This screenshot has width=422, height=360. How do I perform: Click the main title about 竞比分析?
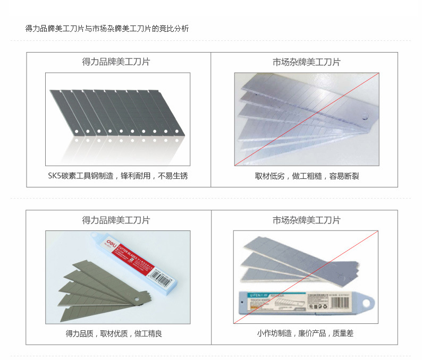[x=107, y=29]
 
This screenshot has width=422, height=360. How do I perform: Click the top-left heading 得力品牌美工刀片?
[x=116, y=62]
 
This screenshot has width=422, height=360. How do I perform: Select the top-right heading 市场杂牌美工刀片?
[x=306, y=62]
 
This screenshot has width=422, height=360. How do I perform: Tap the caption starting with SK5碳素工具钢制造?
[x=117, y=176]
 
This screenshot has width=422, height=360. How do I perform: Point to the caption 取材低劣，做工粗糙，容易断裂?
[x=307, y=176]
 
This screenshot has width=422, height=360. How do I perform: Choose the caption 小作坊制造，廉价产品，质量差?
[x=305, y=333]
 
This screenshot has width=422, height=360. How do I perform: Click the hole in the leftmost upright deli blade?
[x=77, y=131]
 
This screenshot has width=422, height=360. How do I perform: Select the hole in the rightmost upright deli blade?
[x=175, y=131]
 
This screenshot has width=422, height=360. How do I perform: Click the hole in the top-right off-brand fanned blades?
[x=366, y=117]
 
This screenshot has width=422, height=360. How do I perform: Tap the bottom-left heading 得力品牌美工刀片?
[x=116, y=220]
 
